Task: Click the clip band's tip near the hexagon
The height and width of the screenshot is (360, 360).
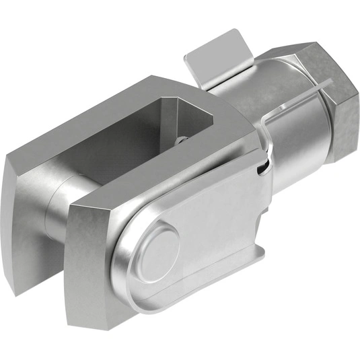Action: tap(330, 81)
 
